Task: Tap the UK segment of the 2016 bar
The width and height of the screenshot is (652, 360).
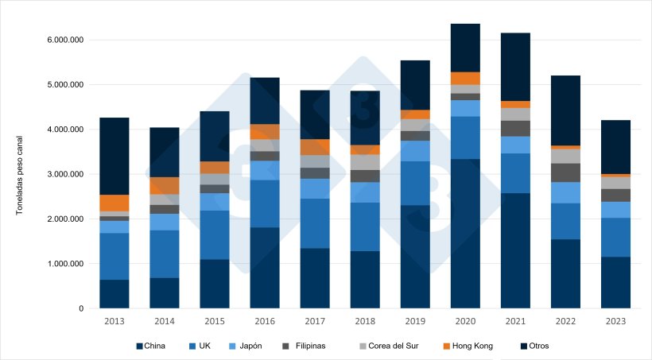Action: pyautogui.click(x=265, y=203)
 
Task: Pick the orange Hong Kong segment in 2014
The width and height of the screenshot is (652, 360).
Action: pyautogui.click(x=165, y=186)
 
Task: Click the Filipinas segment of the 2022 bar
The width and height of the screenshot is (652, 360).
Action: pyautogui.click(x=565, y=172)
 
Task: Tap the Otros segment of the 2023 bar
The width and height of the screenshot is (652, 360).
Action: pyautogui.click(x=615, y=146)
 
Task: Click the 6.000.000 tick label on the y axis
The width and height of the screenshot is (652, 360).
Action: pyautogui.click(x=64, y=40)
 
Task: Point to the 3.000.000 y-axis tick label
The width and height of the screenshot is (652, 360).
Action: pyautogui.click(x=64, y=174)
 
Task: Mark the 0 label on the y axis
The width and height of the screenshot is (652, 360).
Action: pyautogui.click(x=81, y=308)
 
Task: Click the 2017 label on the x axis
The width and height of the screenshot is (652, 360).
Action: pyautogui.click(x=315, y=321)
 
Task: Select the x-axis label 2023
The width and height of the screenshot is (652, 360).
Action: pyautogui.click(x=615, y=321)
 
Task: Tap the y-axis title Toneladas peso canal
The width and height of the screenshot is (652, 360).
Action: pyautogui.click(x=19, y=174)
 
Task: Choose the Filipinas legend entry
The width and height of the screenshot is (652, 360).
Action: pyautogui.click(x=312, y=346)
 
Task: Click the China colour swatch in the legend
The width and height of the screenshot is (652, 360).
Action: pyautogui.click(x=140, y=346)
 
